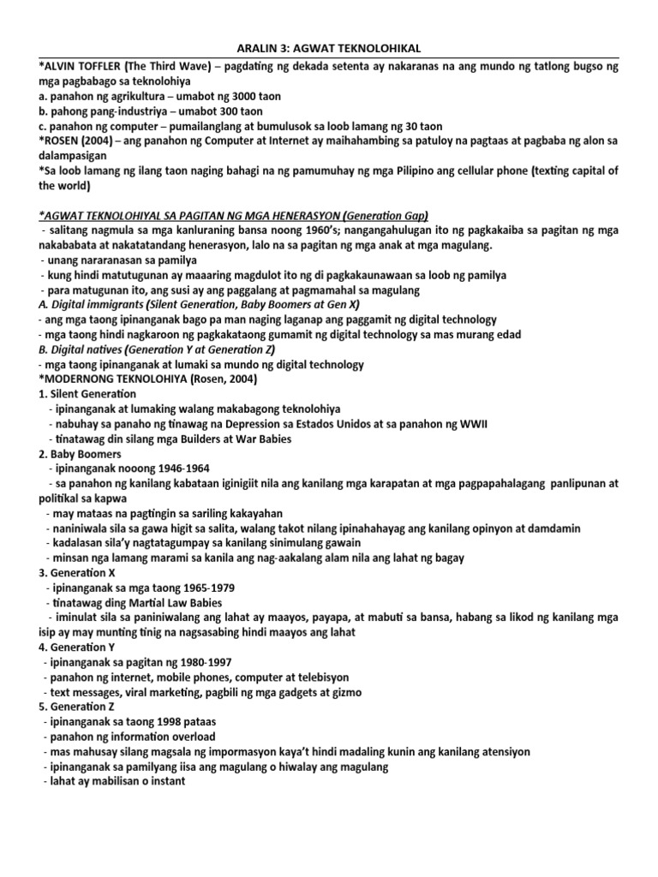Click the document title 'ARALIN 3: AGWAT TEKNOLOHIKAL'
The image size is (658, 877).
[329, 50]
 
